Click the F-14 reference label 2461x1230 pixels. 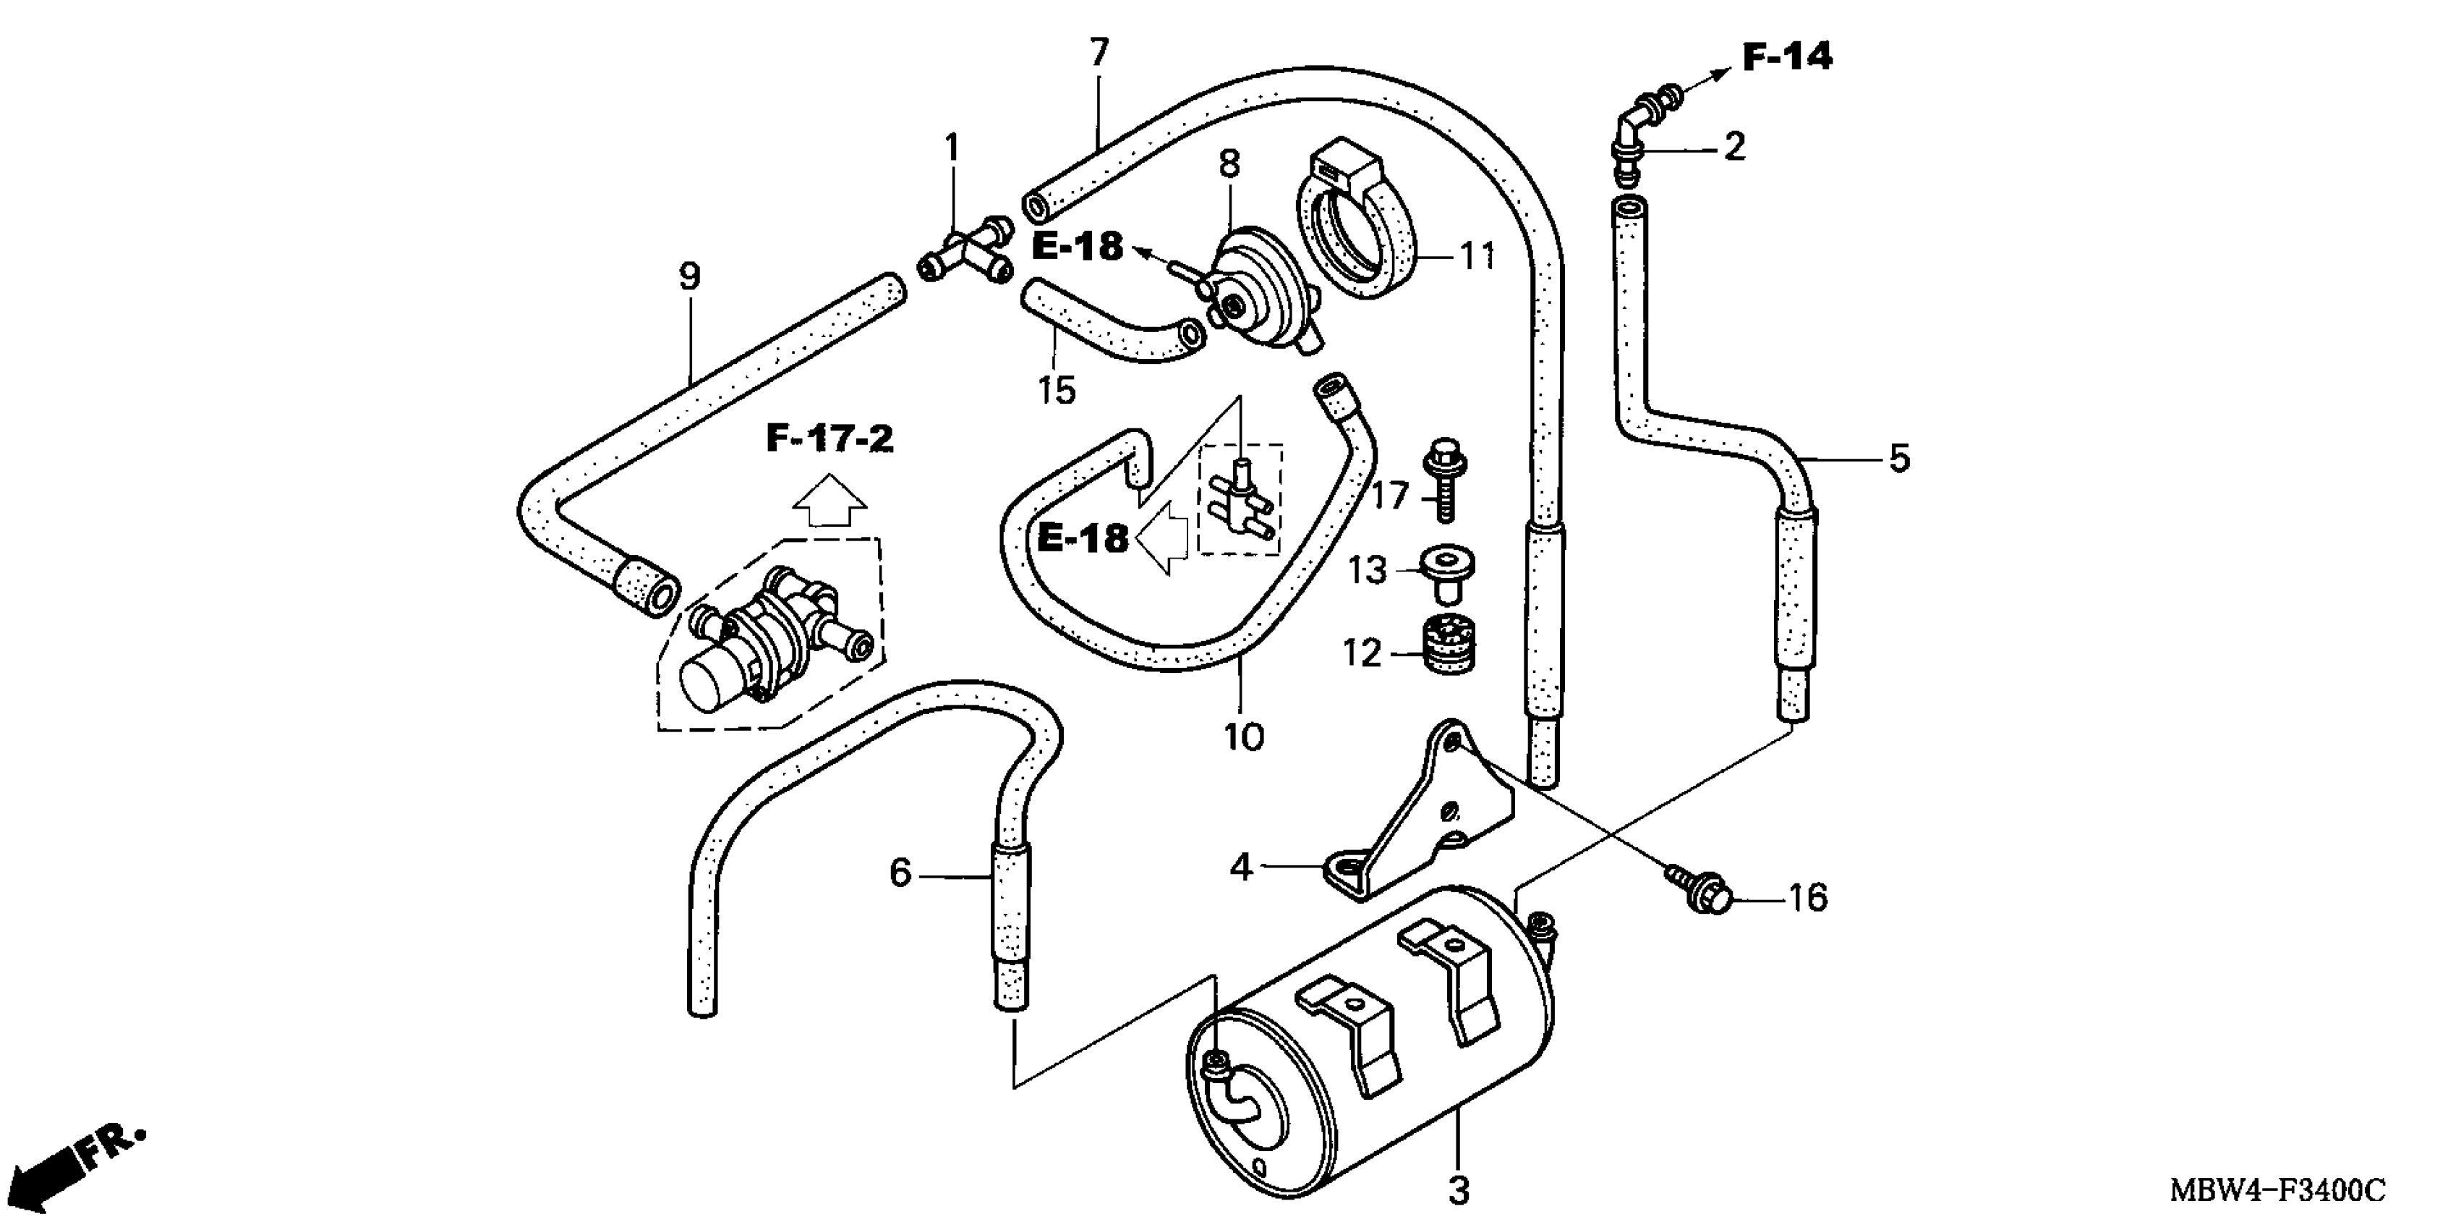pyautogui.click(x=1786, y=57)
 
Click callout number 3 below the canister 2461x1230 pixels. pyautogui.click(x=1459, y=1191)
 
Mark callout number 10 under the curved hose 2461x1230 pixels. pyautogui.click(x=1244, y=737)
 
